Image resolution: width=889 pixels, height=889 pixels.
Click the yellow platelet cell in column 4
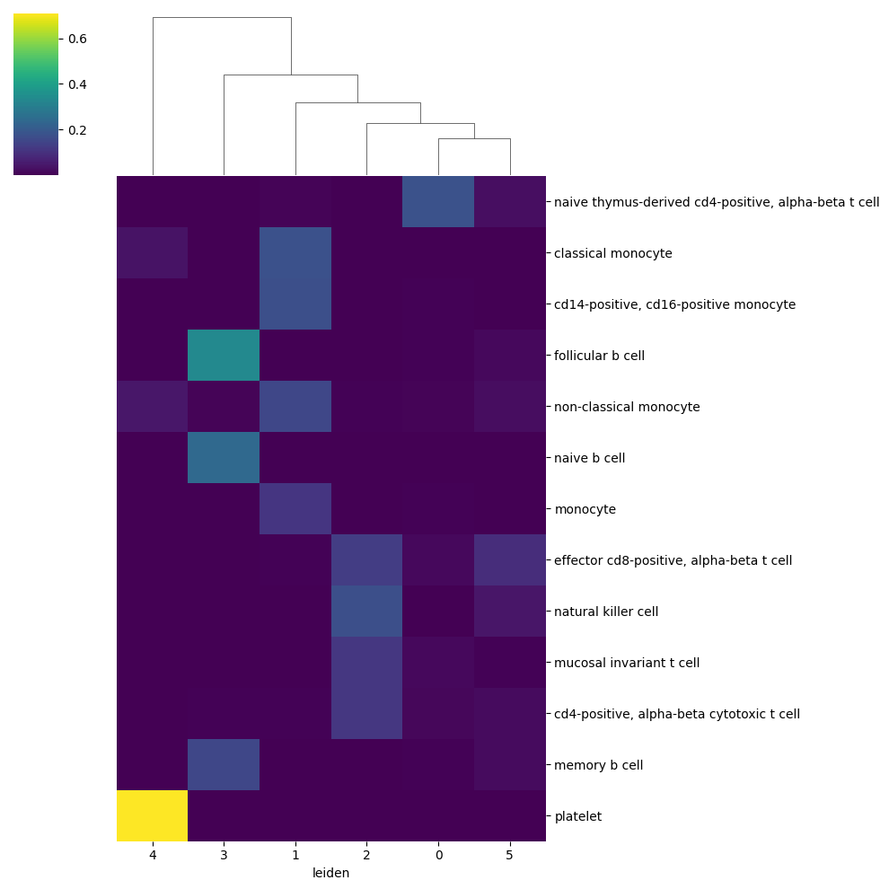152,815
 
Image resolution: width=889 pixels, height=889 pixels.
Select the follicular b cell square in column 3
224,355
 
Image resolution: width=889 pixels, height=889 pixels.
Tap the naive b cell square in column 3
224,457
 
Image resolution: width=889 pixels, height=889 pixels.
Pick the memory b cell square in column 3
224,764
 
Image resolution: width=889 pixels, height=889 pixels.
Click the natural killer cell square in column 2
366,611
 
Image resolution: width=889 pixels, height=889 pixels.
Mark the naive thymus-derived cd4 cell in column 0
438,201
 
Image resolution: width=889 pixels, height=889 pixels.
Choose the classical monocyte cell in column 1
295,252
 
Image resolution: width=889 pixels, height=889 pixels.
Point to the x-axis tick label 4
152,855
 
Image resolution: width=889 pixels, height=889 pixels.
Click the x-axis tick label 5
510,855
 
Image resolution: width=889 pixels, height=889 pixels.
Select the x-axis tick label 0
438,855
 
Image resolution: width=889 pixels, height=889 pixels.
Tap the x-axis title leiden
330,873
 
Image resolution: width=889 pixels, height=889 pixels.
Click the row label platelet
577,816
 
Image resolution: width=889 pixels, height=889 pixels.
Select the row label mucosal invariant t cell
627,663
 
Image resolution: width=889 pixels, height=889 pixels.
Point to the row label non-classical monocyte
627,407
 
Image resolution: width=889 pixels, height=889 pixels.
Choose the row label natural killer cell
606,612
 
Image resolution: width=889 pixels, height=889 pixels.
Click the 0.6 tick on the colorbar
76,39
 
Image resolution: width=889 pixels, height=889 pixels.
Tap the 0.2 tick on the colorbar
76,129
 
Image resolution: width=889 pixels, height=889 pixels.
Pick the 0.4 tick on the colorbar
76,84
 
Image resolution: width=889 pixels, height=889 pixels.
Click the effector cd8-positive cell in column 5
510,559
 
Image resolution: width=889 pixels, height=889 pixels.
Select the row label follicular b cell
599,356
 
